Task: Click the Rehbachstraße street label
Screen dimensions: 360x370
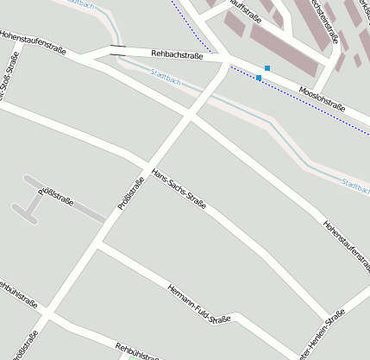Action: (177, 56)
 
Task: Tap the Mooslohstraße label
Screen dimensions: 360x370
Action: (322, 98)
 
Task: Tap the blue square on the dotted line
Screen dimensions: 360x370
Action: (259, 78)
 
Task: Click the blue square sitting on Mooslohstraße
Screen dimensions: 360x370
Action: (267, 67)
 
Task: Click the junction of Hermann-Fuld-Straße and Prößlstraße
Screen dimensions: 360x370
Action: (97, 247)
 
